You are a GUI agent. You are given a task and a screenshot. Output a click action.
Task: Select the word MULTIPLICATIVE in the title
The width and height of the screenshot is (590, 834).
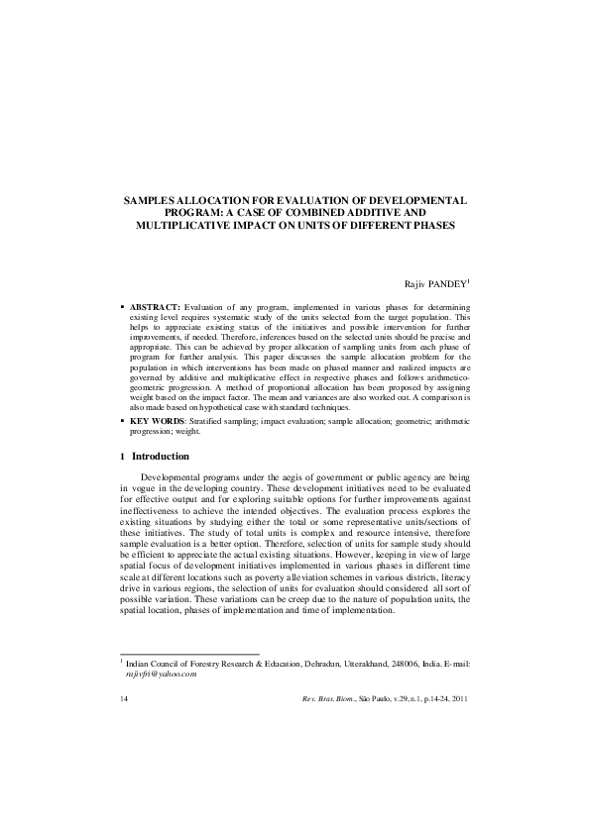tap(180, 225)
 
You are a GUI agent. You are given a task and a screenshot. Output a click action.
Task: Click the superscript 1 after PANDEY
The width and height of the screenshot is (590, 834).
tap(469, 281)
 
